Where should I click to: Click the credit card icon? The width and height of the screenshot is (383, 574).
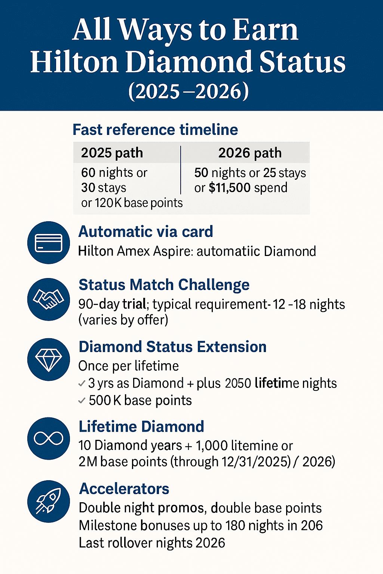49,243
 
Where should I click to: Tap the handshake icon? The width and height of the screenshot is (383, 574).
49,299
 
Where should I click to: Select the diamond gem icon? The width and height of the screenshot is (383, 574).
49,359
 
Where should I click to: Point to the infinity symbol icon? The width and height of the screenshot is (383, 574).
49,438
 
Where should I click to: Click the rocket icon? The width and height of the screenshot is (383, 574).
49,501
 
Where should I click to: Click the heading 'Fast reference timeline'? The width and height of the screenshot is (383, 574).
155,130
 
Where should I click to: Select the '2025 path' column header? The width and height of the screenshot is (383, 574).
112,153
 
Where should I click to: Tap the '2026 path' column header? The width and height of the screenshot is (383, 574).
250,153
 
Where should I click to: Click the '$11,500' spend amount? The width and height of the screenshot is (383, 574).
229,188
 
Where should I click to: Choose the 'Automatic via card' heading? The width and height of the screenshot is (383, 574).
145,232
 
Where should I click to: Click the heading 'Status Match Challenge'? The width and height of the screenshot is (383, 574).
164,285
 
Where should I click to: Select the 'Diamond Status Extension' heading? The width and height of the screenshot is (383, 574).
172,347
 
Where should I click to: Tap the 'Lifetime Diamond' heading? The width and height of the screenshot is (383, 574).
141,426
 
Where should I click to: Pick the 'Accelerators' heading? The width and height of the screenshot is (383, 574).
124,489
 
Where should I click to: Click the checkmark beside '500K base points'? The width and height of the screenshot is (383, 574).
82,401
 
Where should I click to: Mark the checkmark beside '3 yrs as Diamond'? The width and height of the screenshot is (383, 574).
82,383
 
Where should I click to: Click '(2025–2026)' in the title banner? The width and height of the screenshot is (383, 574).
189,91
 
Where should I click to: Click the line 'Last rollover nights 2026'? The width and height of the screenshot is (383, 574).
152,543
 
